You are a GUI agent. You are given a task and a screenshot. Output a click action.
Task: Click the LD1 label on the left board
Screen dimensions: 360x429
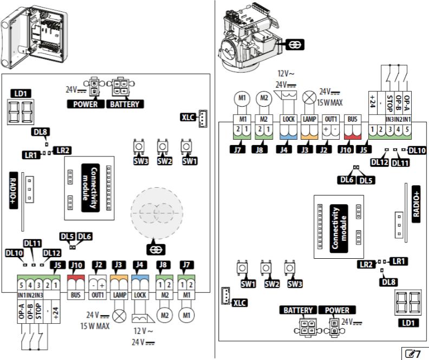(20, 94)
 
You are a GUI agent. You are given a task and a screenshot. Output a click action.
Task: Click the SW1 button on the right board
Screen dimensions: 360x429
(240, 269)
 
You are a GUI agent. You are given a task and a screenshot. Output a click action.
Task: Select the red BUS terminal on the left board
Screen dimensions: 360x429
(75, 283)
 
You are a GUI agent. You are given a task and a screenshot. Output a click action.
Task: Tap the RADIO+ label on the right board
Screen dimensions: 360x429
(416, 204)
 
